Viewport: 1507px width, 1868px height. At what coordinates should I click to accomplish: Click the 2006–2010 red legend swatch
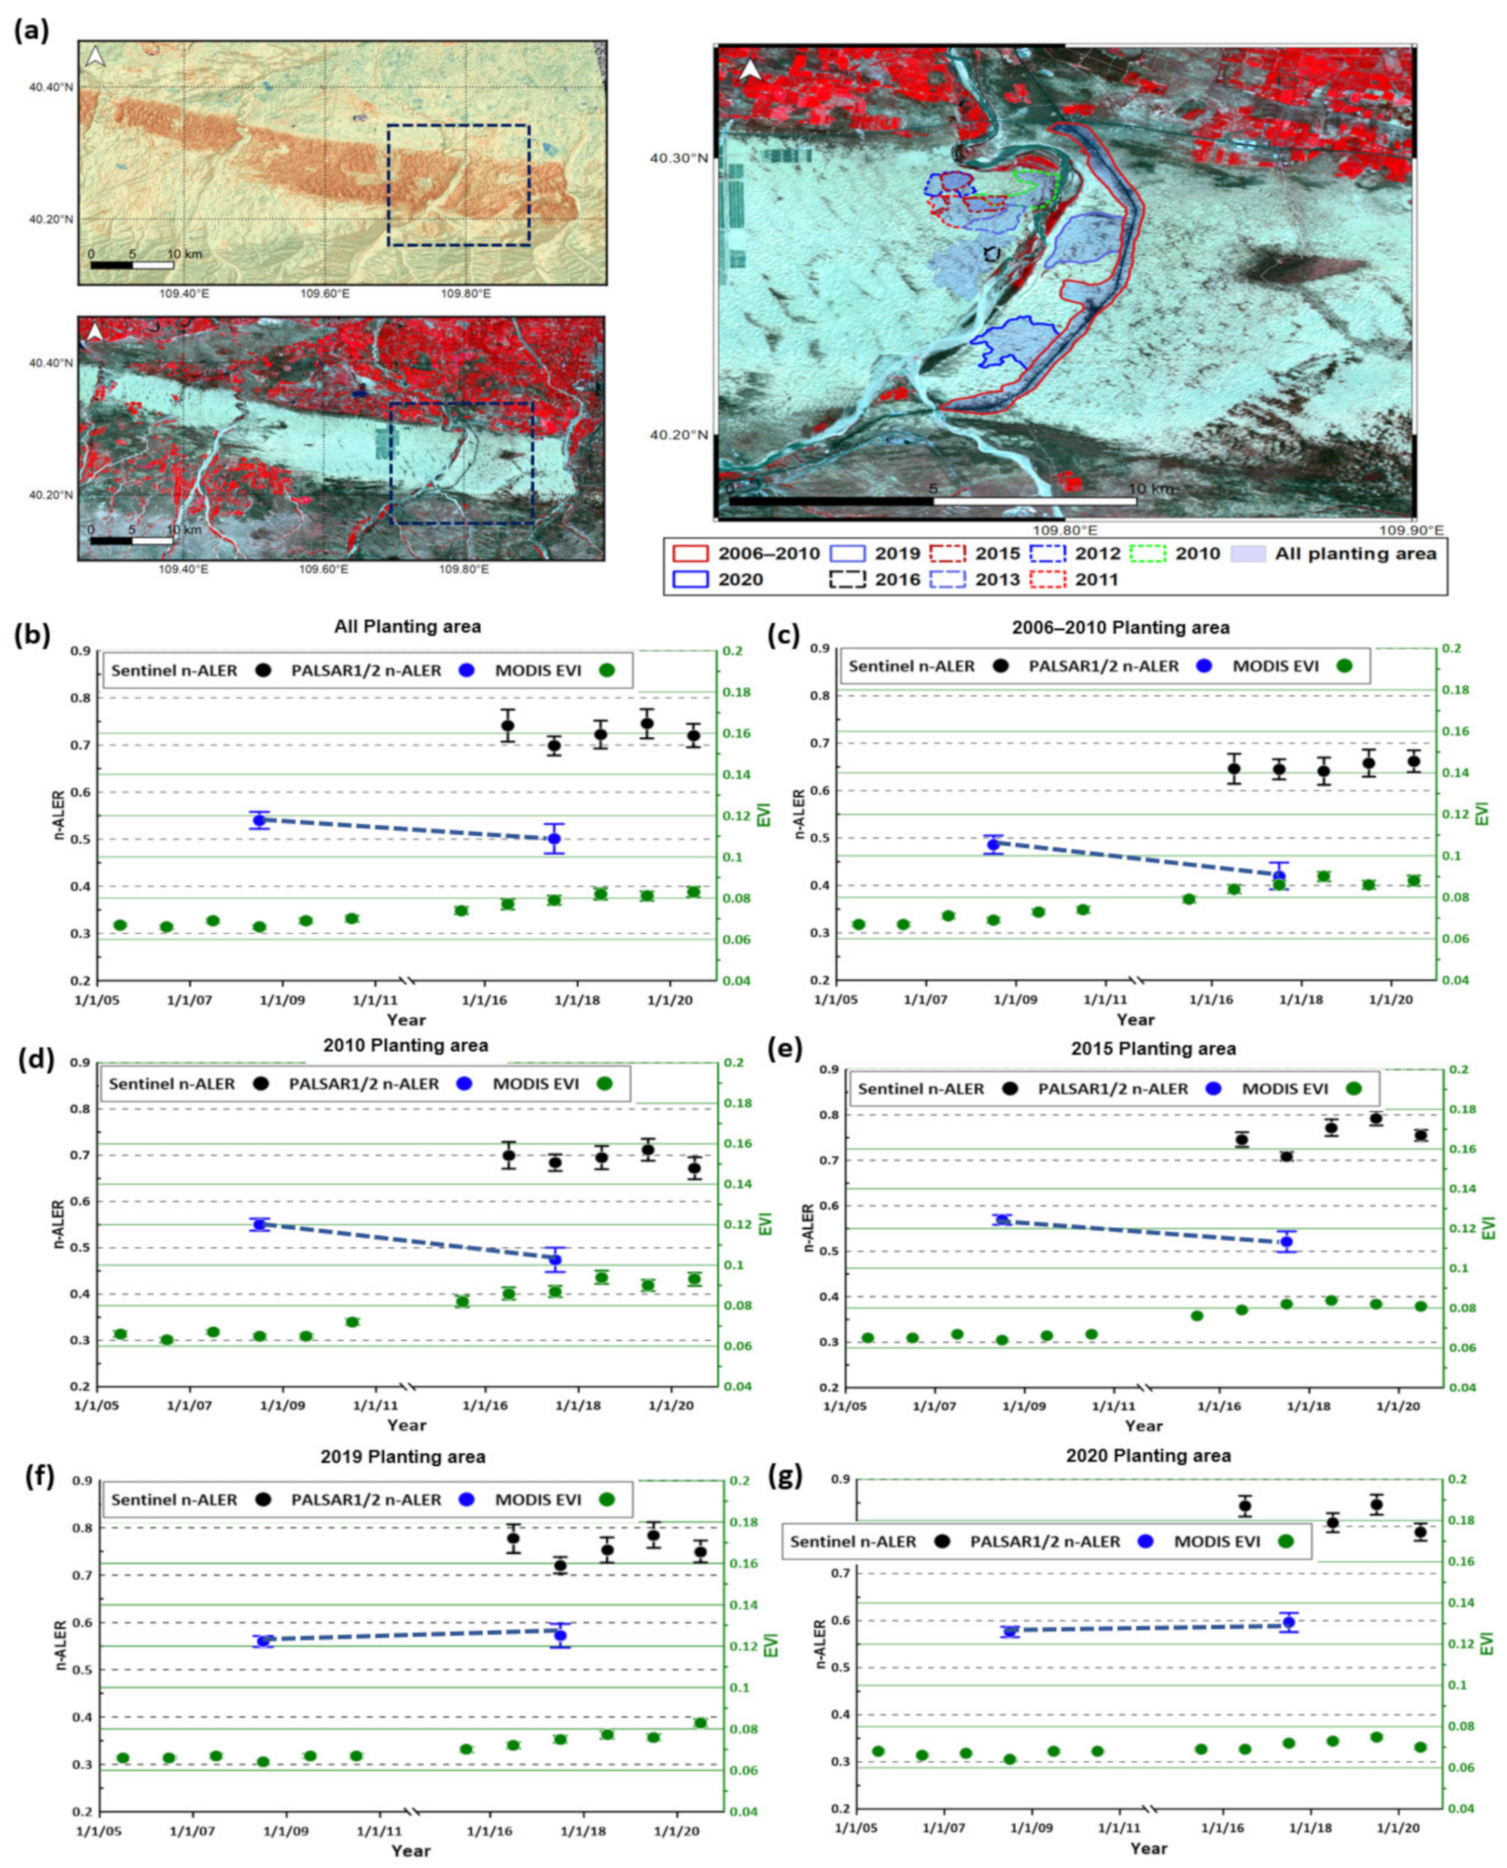click(690, 553)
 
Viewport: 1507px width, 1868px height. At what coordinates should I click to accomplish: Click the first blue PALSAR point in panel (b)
click(259, 819)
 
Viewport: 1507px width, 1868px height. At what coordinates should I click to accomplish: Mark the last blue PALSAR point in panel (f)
click(560, 1635)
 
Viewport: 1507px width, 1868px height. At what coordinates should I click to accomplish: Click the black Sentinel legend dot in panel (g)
click(943, 1541)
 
